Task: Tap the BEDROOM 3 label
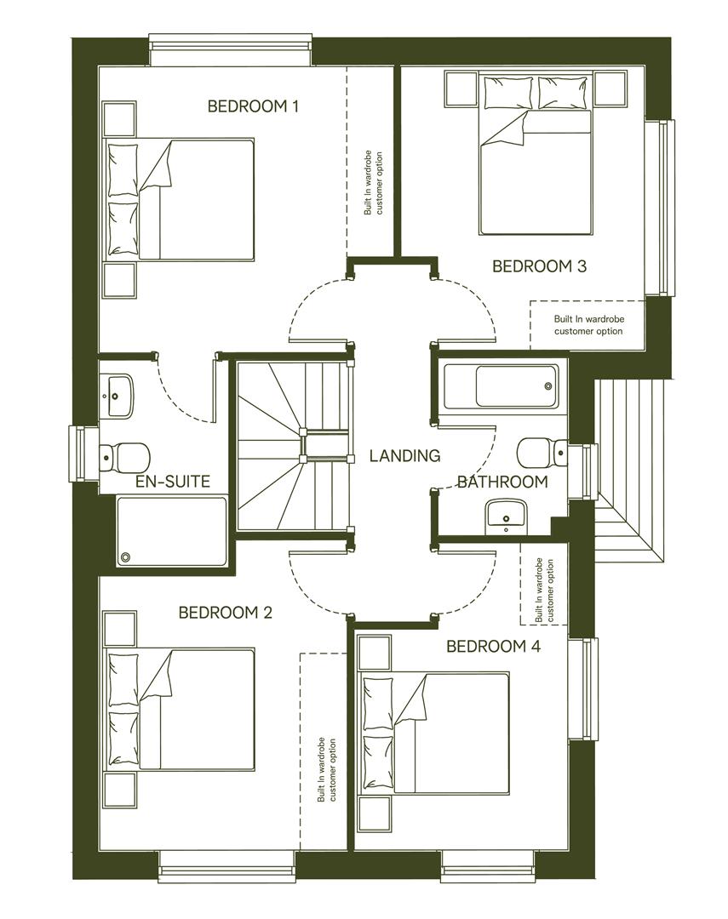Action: pos(539,266)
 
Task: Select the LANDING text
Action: pos(404,456)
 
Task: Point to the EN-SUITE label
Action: pos(173,482)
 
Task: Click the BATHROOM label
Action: pos(502,482)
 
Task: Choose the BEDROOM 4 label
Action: pos(493,647)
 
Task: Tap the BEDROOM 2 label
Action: pos(225,613)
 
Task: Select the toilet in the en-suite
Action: pos(123,456)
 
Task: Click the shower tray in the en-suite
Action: pos(173,532)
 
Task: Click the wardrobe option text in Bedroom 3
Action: pos(588,325)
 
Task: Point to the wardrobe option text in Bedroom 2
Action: pos(327,770)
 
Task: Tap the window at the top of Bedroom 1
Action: pos(230,49)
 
